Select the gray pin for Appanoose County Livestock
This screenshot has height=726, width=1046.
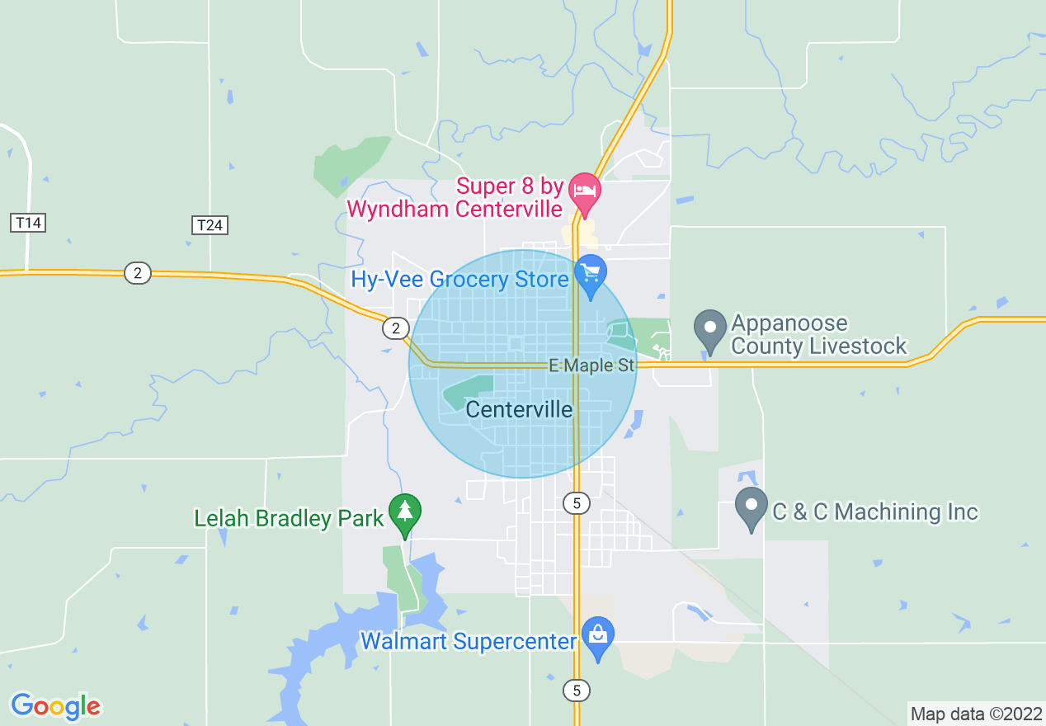(x=709, y=328)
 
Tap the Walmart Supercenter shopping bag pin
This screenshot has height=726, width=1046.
(x=597, y=636)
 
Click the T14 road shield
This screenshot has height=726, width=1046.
(x=28, y=222)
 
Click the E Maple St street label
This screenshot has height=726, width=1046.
(x=592, y=365)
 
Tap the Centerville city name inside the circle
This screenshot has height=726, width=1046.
(x=519, y=409)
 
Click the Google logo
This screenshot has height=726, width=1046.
(x=55, y=706)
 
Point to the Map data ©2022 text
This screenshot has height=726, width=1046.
(x=975, y=714)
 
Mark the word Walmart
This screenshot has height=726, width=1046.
(x=398, y=641)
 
